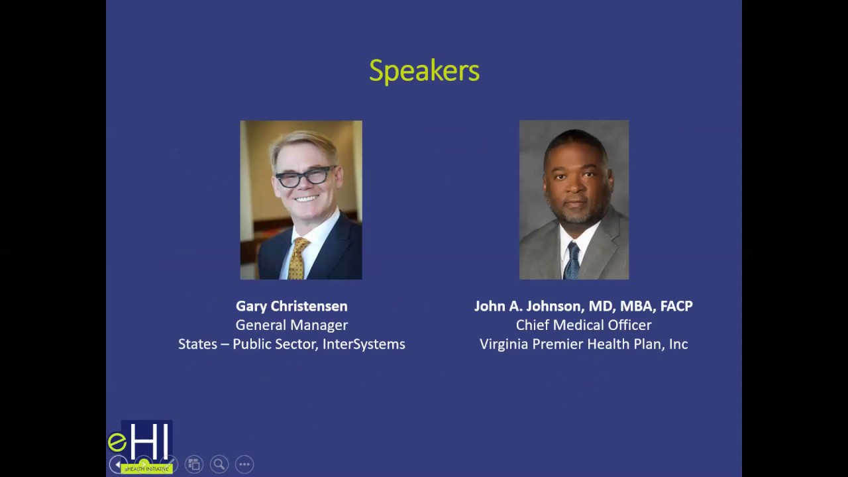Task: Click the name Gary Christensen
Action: point(291,306)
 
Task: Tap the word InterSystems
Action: point(364,344)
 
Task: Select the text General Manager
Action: point(291,325)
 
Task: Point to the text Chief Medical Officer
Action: point(584,325)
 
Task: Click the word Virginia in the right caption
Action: point(502,344)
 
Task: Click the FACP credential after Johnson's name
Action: point(676,306)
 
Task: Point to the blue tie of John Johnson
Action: point(572,261)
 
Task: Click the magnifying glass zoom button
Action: point(219,464)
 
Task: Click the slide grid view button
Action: point(193,464)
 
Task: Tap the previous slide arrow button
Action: point(117,464)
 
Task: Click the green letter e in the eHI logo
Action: point(117,442)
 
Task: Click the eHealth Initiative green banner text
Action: point(147,469)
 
